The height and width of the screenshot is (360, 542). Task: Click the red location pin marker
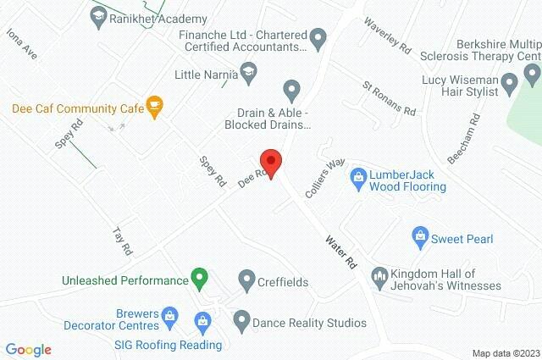click(270, 159)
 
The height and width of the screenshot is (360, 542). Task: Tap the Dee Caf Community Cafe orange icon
click(154, 104)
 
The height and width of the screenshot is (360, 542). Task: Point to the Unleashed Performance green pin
click(199, 276)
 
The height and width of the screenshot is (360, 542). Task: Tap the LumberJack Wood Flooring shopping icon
click(358, 176)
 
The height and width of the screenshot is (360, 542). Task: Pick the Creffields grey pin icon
click(246, 278)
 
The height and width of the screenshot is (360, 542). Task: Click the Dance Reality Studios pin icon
click(241, 321)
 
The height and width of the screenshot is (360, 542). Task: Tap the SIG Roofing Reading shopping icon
click(202, 321)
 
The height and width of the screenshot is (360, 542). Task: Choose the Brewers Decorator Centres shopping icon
click(169, 318)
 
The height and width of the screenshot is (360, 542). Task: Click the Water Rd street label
click(341, 252)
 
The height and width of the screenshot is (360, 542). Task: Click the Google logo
click(28, 349)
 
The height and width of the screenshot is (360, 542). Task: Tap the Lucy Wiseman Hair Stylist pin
click(509, 83)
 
